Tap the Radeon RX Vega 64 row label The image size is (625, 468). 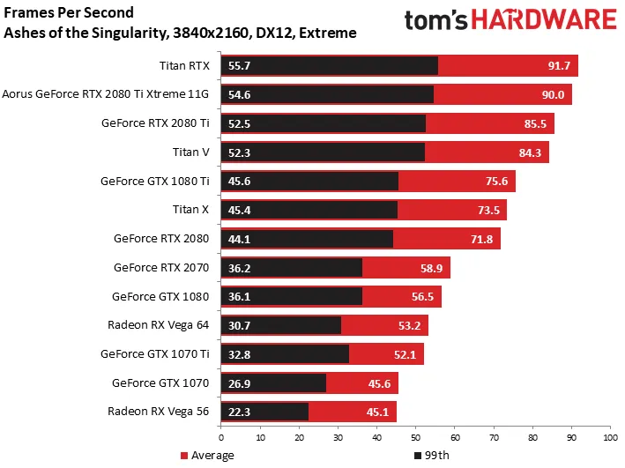pyautogui.click(x=158, y=325)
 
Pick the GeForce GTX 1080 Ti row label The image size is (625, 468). pyautogui.click(x=154, y=182)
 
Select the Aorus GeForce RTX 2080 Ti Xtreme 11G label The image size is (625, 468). pyautogui.click(x=106, y=94)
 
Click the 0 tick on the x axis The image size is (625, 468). pyautogui.click(x=220, y=437)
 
